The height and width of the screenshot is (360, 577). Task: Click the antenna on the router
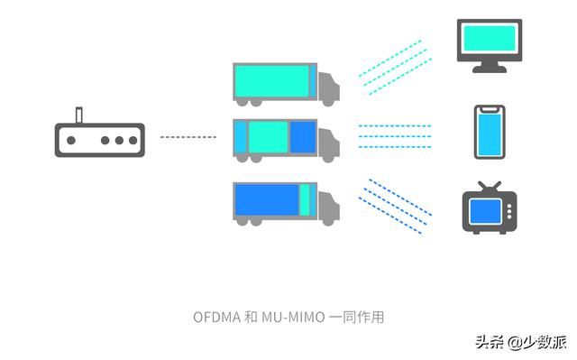tap(78, 116)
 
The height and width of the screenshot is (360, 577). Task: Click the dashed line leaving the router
tap(188, 137)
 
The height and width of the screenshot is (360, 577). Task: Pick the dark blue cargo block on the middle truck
tap(303, 136)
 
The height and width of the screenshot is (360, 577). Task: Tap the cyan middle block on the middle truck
tap(267, 136)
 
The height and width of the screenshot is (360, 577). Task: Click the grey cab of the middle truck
tap(330, 142)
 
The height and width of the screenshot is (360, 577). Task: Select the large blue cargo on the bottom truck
tap(266, 198)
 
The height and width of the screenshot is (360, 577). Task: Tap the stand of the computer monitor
tap(490, 65)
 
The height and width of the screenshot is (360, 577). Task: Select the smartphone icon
tap(489, 134)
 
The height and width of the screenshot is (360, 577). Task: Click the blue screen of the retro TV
tap(485, 213)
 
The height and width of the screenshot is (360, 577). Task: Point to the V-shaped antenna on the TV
tap(490, 187)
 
